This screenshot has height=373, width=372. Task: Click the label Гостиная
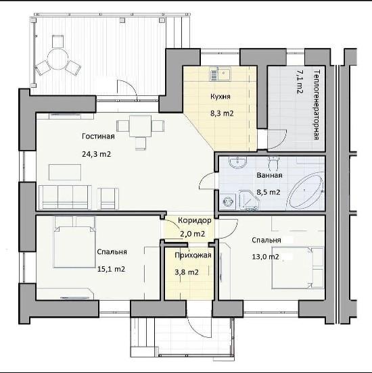point(98,136)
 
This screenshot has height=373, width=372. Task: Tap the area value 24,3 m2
point(97,154)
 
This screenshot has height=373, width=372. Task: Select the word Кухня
point(220,97)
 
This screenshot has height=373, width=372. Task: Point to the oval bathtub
point(305,191)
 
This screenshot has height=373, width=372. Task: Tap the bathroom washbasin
point(237,162)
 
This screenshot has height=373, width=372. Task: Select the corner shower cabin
point(249,200)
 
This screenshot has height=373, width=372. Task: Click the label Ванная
point(270,175)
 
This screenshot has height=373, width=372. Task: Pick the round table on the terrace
point(58,59)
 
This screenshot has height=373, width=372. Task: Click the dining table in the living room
point(140,126)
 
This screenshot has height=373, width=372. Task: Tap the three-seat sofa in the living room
point(65,198)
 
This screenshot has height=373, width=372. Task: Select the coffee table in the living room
point(65,172)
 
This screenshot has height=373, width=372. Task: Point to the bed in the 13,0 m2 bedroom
point(298,268)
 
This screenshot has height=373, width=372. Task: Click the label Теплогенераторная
point(317,105)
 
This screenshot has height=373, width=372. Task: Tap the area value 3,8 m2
point(187,272)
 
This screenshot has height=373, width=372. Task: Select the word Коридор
point(195,220)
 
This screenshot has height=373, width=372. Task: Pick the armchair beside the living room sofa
point(108,199)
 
